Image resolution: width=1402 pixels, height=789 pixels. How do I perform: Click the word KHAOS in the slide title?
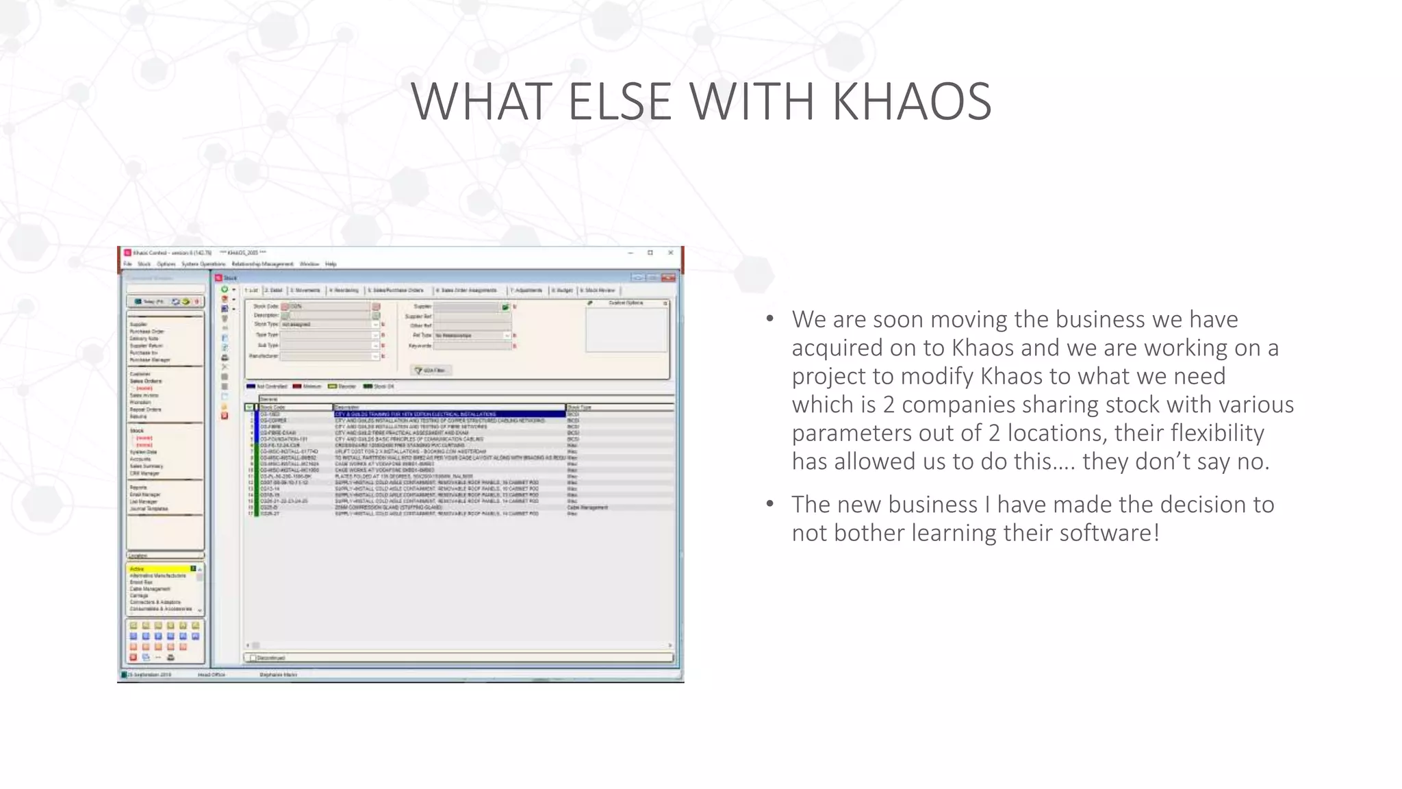click(x=912, y=101)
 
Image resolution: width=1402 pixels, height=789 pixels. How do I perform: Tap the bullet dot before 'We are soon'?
click(x=770, y=319)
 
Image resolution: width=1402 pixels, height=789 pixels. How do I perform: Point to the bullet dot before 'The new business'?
click(x=770, y=504)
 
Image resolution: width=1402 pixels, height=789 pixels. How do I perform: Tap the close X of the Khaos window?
click(x=671, y=253)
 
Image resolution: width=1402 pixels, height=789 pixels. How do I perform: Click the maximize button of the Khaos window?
click(x=650, y=253)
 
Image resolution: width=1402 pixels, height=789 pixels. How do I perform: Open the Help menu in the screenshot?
click(x=331, y=264)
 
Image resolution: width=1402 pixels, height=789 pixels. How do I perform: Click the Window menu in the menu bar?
click(x=309, y=264)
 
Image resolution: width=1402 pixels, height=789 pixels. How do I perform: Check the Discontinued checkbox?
click(x=253, y=657)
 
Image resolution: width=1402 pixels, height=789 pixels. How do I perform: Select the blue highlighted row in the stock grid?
click(x=449, y=414)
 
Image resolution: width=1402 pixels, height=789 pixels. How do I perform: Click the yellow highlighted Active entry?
click(x=160, y=569)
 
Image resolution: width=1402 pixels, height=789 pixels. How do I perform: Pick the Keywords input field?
click(x=472, y=346)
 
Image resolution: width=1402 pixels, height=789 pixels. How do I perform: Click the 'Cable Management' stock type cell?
click(x=587, y=508)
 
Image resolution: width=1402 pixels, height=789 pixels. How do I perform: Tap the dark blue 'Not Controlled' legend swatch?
click(x=251, y=386)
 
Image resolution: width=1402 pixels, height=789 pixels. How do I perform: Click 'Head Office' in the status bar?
click(x=212, y=675)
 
